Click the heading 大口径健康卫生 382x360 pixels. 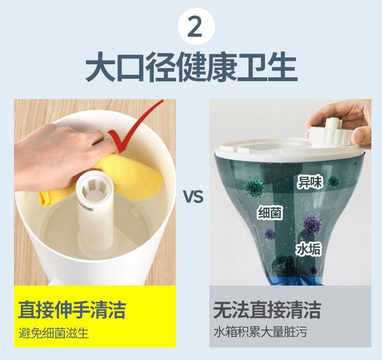pos(191,67)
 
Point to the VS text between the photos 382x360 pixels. pos(192,197)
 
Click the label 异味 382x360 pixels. pos(309,182)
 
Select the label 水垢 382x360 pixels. pos(309,249)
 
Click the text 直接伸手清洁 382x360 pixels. pos(72,309)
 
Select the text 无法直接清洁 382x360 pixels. pos(267,309)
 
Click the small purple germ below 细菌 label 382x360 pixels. pos(270,234)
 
